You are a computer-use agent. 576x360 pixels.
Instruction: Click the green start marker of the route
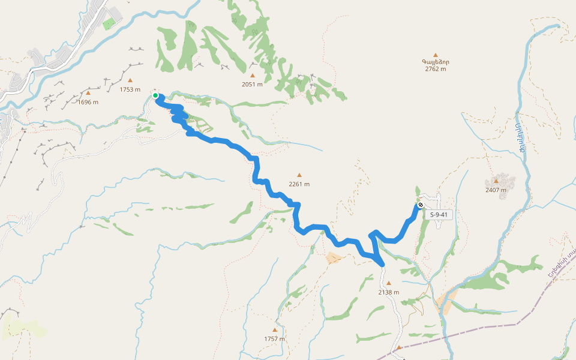(x=155, y=95)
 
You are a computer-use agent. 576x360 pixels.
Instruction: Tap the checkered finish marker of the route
(x=420, y=205)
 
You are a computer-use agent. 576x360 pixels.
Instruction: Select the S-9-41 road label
(x=439, y=214)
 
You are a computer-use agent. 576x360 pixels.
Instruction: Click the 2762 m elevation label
(x=436, y=69)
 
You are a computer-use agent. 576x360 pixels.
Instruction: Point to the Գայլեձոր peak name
(x=436, y=62)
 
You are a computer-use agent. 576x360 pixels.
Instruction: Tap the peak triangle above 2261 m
(x=299, y=175)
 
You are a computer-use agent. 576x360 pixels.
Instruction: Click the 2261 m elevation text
(x=299, y=184)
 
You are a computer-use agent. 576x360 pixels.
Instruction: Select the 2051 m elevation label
(x=253, y=84)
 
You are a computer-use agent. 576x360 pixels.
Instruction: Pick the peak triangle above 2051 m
(x=253, y=76)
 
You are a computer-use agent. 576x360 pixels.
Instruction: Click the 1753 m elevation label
(x=130, y=89)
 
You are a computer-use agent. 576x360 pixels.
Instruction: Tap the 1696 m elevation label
(x=88, y=102)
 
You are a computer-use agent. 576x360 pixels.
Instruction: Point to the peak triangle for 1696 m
(x=88, y=93)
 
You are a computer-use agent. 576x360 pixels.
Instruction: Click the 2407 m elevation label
(x=496, y=190)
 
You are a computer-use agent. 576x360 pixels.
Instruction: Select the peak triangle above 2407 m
(x=496, y=181)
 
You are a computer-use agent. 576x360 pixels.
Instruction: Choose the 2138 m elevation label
(x=389, y=292)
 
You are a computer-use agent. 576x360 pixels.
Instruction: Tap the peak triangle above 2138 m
(x=388, y=283)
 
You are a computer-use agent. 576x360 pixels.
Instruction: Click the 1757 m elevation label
(x=274, y=339)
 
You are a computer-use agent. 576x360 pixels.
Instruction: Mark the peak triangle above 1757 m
(x=275, y=330)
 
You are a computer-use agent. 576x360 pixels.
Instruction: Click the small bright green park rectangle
(x=108, y=25)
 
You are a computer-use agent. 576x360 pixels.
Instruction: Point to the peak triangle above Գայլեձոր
(x=436, y=55)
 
